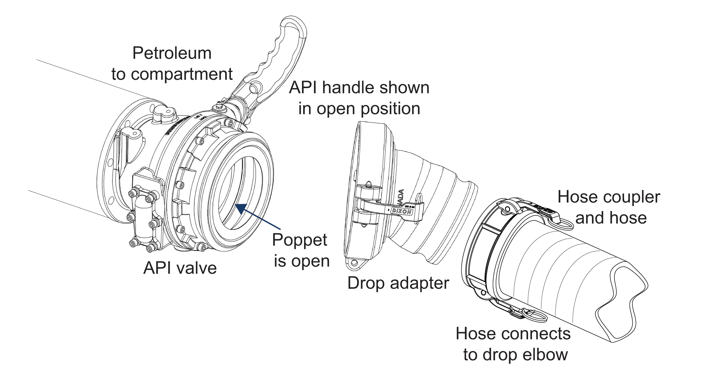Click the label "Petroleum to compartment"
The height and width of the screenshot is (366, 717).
click(172, 64)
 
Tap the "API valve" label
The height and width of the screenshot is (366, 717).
click(180, 268)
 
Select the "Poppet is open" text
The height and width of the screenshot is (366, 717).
click(301, 250)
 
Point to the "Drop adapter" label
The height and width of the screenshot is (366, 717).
click(398, 283)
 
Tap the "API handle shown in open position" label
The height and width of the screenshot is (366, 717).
click(359, 98)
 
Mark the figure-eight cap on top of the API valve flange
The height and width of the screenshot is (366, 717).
click(162, 114)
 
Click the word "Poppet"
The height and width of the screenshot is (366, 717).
click(300, 240)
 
